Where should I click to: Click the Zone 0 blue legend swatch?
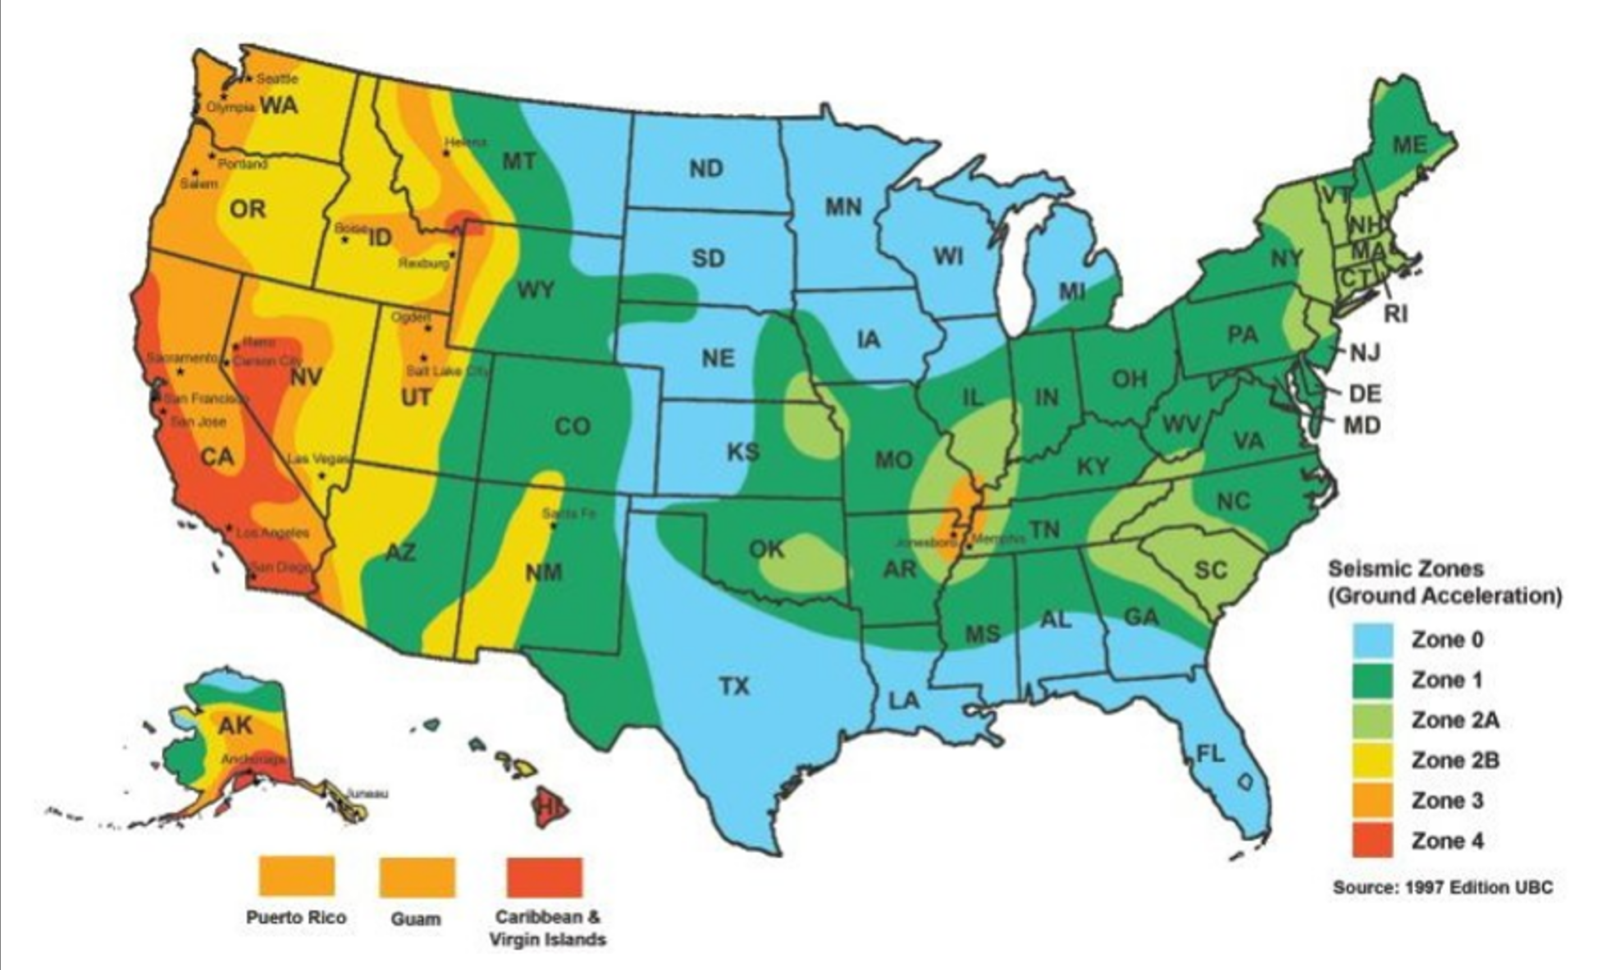click(x=1373, y=640)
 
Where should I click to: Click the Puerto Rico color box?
click(x=296, y=876)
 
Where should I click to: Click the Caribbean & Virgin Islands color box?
click(x=544, y=876)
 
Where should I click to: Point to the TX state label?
click(x=734, y=686)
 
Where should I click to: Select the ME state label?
click(x=1409, y=145)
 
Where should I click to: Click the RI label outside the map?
click(x=1396, y=314)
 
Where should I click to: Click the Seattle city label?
click(x=277, y=79)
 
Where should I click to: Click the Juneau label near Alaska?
click(x=367, y=793)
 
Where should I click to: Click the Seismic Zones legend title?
click(x=1406, y=569)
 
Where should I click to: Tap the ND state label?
click(x=706, y=169)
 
